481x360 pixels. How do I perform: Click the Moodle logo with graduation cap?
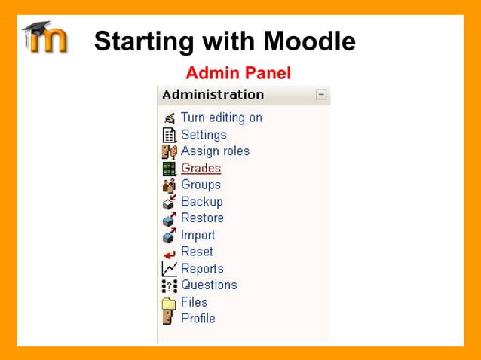click(45, 38)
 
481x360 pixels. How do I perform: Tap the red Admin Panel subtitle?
click(238, 73)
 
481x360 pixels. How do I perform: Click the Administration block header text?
click(213, 95)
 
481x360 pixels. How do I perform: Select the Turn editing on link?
click(221, 117)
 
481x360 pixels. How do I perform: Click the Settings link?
click(204, 135)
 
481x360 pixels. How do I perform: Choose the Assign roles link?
click(215, 151)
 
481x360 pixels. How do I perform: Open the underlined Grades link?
click(201, 168)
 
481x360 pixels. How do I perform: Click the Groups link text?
click(201, 185)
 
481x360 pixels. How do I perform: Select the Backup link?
click(201, 202)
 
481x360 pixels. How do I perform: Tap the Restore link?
click(202, 218)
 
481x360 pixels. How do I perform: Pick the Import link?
click(198, 235)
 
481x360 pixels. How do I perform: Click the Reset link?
click(197, 252)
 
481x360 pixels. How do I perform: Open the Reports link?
click(202, 269)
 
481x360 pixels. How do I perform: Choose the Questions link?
click(209, 285)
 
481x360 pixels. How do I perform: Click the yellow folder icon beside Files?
click(169, 303)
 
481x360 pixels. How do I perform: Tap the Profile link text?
click(198, 318)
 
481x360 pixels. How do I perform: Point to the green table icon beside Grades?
click(169, 169)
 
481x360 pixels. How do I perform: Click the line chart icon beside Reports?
click(169, 269)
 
